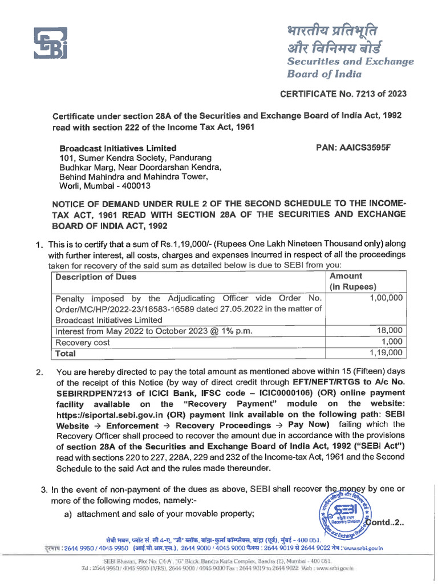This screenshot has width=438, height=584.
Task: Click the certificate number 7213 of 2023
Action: point(372,94)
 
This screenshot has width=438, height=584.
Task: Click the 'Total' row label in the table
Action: point(65,354)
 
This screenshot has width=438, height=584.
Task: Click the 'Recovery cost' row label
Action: point(80,343)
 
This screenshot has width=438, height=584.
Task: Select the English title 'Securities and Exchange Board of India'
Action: point(350,67)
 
